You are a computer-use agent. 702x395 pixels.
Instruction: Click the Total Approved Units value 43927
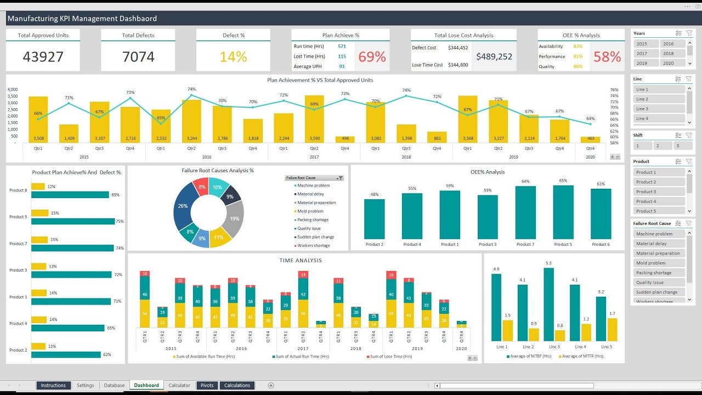coord(43,57)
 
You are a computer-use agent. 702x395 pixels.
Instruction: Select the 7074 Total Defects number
coord(138,57)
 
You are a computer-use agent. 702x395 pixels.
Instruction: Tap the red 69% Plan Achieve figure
coord(372,57)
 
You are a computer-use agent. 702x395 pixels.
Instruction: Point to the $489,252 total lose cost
coord(494,57)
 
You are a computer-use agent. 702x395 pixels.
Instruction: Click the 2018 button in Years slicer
coord(672,53)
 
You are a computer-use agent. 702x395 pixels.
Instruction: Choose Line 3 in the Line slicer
coord(659,109)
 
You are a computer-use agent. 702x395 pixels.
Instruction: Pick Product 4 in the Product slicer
coord(659,201)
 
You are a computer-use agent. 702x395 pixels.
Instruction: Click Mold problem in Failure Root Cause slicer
coord(659,263)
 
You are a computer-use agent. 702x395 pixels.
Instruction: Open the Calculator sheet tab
coord(179,385)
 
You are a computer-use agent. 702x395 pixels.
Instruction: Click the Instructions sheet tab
coord(53,385)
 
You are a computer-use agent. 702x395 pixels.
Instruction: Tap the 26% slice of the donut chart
coord(183,206)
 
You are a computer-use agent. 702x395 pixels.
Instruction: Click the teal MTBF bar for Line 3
coord(549,304)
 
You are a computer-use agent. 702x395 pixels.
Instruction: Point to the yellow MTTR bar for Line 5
coord(612,329)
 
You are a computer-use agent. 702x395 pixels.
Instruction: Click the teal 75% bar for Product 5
coord(73,221)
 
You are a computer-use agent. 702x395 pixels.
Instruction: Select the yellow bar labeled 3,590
coord(314,120)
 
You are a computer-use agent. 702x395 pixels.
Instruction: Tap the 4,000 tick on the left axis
coord(13,89)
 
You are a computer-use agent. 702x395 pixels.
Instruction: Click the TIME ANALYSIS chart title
coord(301,261)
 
